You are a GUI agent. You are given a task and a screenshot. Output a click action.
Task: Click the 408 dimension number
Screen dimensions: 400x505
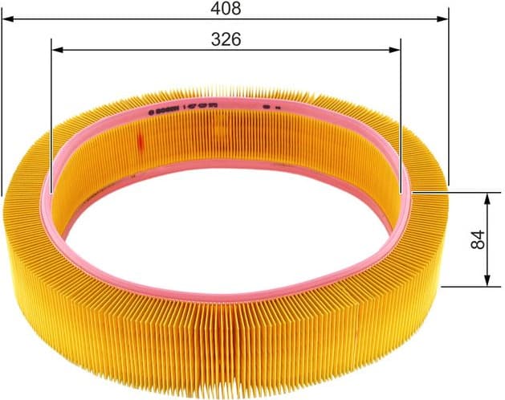tap(226, 9)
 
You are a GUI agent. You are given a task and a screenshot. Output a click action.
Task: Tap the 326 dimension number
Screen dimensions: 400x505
tap(226, 39)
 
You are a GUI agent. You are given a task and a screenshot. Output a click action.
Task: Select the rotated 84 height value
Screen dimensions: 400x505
tap(479, 239)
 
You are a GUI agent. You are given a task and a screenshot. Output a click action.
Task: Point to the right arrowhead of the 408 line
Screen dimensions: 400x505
tap(442, 16)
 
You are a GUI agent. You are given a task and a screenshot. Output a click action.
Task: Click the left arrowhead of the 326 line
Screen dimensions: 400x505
tap(56, 49)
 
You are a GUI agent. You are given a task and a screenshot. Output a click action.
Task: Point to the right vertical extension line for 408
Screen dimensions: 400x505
tap(448, 96)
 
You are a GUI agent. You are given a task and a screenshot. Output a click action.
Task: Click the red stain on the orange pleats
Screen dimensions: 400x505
tap(138, 143)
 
